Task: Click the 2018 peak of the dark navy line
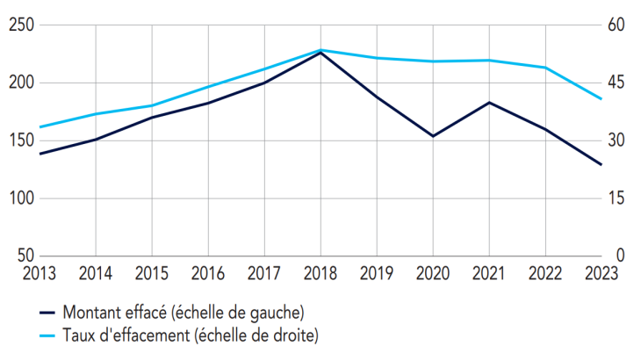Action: pos(320,53)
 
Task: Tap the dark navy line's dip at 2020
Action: pos(433,136)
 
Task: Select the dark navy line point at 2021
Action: pos(489,103)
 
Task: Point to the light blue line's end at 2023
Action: pos(601,98)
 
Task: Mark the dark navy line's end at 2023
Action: pos(601,164)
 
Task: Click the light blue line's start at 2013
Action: pos(40,127)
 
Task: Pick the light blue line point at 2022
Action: pos(545,68)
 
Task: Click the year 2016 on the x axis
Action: pos(208,273)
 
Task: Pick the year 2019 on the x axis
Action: pos(377,273)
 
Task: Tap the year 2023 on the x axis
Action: pos(601,273)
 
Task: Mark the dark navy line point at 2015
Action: pos(152,118)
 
